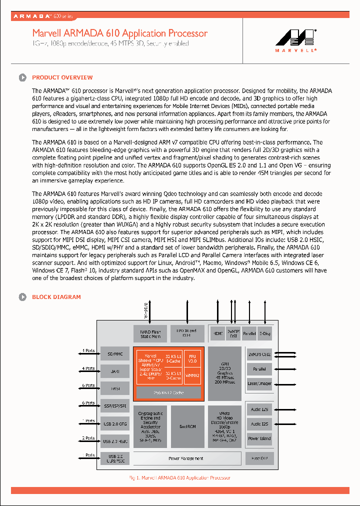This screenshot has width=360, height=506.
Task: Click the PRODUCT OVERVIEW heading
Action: click(x=62, y=77)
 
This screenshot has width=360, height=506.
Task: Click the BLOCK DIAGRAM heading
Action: click(x=56, y=297)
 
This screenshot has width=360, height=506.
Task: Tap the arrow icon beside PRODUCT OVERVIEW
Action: click(x=22, y=77)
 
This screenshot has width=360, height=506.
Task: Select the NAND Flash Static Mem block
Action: click(x=150, y=333)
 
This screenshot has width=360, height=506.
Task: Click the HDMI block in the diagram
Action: click(x=218, y=333)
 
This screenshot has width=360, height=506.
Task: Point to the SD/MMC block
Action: click(x=114, y=354)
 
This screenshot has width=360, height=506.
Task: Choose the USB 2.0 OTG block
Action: click(x=114, y=424)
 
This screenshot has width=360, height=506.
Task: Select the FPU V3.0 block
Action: click(x=192, y=358)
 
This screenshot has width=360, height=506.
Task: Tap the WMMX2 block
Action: click(x=192, y=375)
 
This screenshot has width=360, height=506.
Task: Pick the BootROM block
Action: click(x=187, y=426)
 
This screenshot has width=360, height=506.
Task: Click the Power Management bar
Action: click(x=185, y=458)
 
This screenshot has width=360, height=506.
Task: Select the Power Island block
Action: click(x=259, y=438)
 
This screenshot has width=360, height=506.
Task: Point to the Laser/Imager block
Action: click(x=259, y=383)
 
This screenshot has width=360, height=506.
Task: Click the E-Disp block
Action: click(x=265, y=333)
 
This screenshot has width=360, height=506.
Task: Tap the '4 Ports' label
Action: click(x=89, y=368)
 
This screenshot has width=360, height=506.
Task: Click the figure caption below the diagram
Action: click(x=179, y=478)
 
